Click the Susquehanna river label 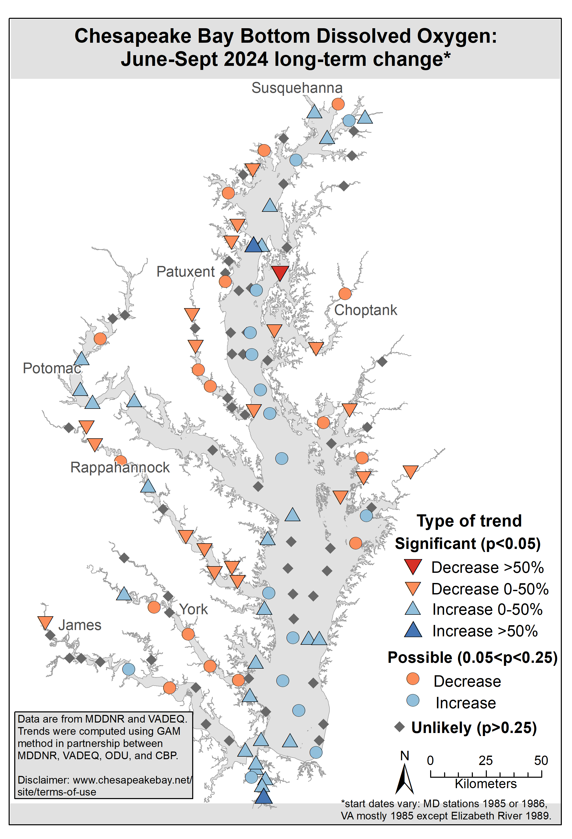tap(297, 88)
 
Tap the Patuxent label tap(186, 272)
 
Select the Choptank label tap(365, 310)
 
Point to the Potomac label tap(52, 368)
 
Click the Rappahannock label tap(120, 468)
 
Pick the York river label tap(193, 609)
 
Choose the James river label tap(80, 625)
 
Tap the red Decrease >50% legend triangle tap(413, 566)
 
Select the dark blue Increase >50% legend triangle tap(413, 630)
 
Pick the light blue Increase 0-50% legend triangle tap(413, 609)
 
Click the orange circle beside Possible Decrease tap(413, 679)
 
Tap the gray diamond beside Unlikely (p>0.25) tap(399, 727)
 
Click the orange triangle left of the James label tap(46, 622)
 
